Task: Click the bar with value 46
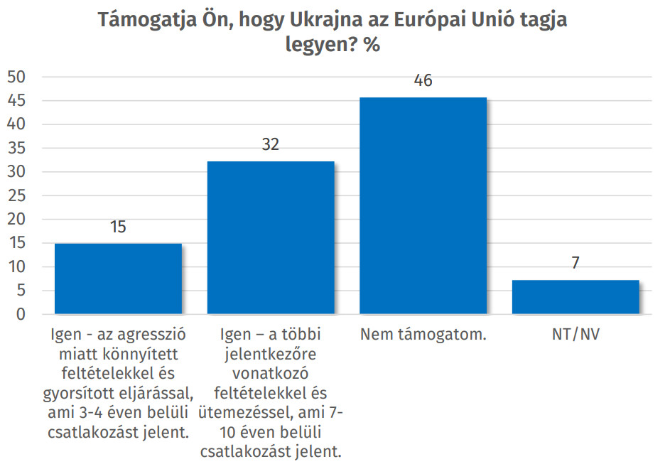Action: (423, 205)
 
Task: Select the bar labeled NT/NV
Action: (575, 297)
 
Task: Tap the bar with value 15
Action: (118, 279)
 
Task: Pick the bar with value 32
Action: (271, 237)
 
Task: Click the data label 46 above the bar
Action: (423, 81)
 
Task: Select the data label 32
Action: (271, 145)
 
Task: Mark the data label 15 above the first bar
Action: (118, 227)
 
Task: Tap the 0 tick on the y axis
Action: (21, 315)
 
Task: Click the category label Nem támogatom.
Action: (423, 333)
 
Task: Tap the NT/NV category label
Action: (575, 333)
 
